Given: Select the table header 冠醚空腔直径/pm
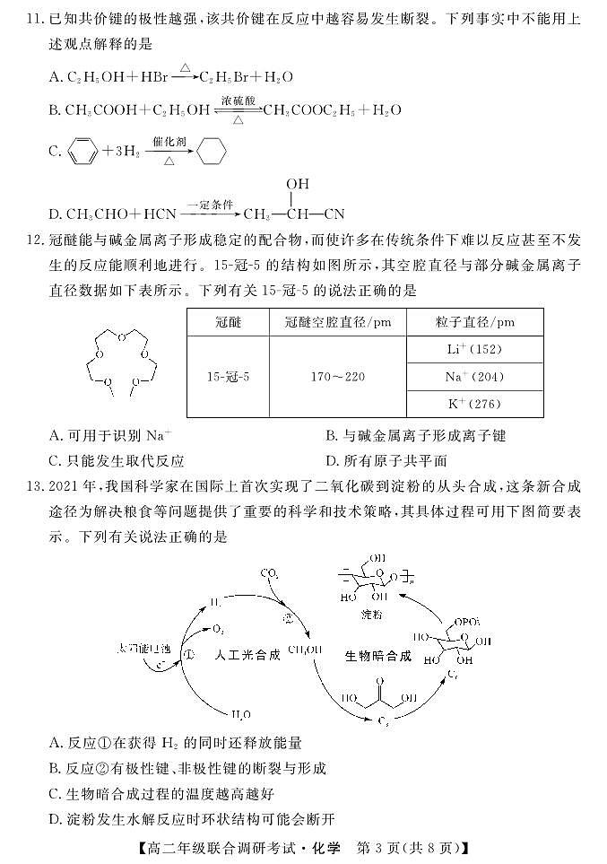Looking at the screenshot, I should pos(337,321).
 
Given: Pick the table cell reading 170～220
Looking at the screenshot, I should pos(337,377).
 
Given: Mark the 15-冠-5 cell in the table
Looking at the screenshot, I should pos(228,377).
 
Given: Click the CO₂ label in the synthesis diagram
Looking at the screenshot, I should pos(269,572).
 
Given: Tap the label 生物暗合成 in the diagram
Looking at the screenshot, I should pos(377,656).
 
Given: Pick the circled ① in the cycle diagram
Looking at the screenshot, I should pos(189,654).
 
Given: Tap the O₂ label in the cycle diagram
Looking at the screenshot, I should pos(218,630).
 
